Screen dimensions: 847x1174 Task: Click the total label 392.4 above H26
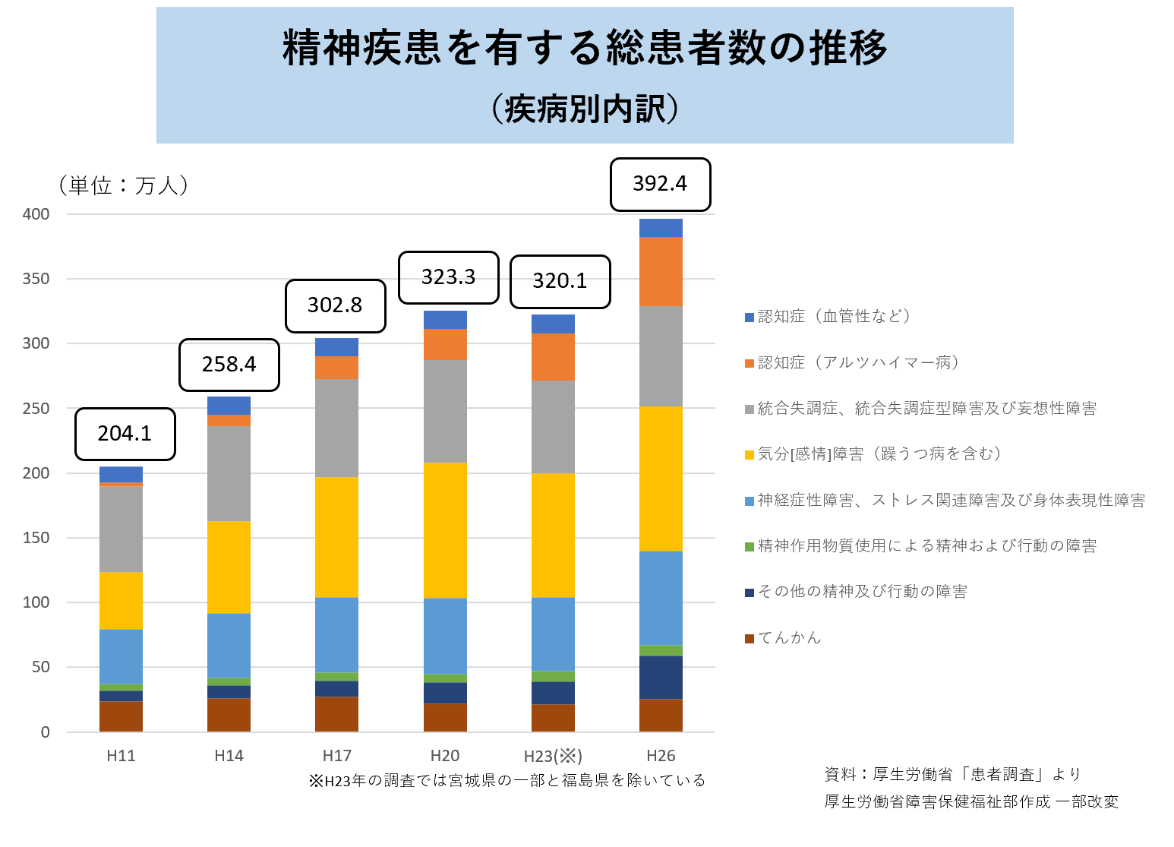coord(660,184)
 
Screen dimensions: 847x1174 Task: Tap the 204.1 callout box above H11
coord(125,434)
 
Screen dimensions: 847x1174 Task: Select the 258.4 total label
coord(229,365)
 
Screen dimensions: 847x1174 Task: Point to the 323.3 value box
coord(448,277)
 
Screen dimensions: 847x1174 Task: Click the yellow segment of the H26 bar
coord(661,479)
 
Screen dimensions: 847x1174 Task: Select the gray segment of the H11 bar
coord(121,529)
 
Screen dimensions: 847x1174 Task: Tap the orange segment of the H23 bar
coord(553,357)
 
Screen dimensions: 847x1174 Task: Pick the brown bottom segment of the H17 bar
coord(336,714)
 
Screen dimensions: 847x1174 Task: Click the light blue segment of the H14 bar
coord(229,645)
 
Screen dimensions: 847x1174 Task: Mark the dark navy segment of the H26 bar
coord(661,677)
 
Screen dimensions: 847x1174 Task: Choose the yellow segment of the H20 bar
coord(445,530)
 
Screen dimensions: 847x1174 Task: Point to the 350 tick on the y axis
coord(36,279)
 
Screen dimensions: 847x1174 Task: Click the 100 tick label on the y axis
coord(36,602)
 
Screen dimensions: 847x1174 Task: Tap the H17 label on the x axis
coord(336,756)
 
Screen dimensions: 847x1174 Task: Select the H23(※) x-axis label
coord(553,757)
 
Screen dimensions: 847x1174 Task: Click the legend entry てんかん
coord(789,638)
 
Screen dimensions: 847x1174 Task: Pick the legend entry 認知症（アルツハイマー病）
coord(857,363)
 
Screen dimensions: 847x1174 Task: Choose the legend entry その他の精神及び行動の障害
coord(862,592)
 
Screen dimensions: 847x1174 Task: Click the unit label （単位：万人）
coord(122,185)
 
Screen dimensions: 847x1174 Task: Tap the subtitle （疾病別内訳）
coord(585,109)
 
